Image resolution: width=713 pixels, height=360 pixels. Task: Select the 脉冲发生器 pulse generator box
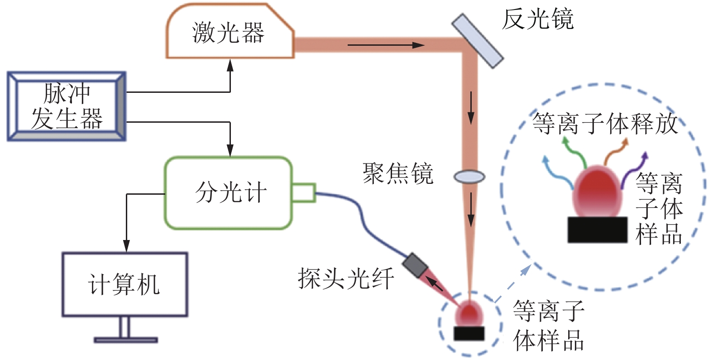pos(67,106)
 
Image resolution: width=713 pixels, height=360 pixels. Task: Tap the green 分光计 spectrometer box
pos(228,193)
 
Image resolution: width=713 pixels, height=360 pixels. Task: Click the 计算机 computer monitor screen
pos(124,284)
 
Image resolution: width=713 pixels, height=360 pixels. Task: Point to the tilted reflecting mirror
pos(477,41)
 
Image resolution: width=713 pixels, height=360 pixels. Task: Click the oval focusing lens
pos(469,177)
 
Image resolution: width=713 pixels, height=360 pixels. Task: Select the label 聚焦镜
pos(398,173)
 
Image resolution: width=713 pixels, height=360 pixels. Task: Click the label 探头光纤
pos(346,278)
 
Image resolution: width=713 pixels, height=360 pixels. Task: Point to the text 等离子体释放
pos(605,123)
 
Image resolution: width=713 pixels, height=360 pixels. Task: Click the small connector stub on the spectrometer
pos(303,192)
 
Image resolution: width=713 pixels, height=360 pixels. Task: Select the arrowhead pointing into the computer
pos(127,247)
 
